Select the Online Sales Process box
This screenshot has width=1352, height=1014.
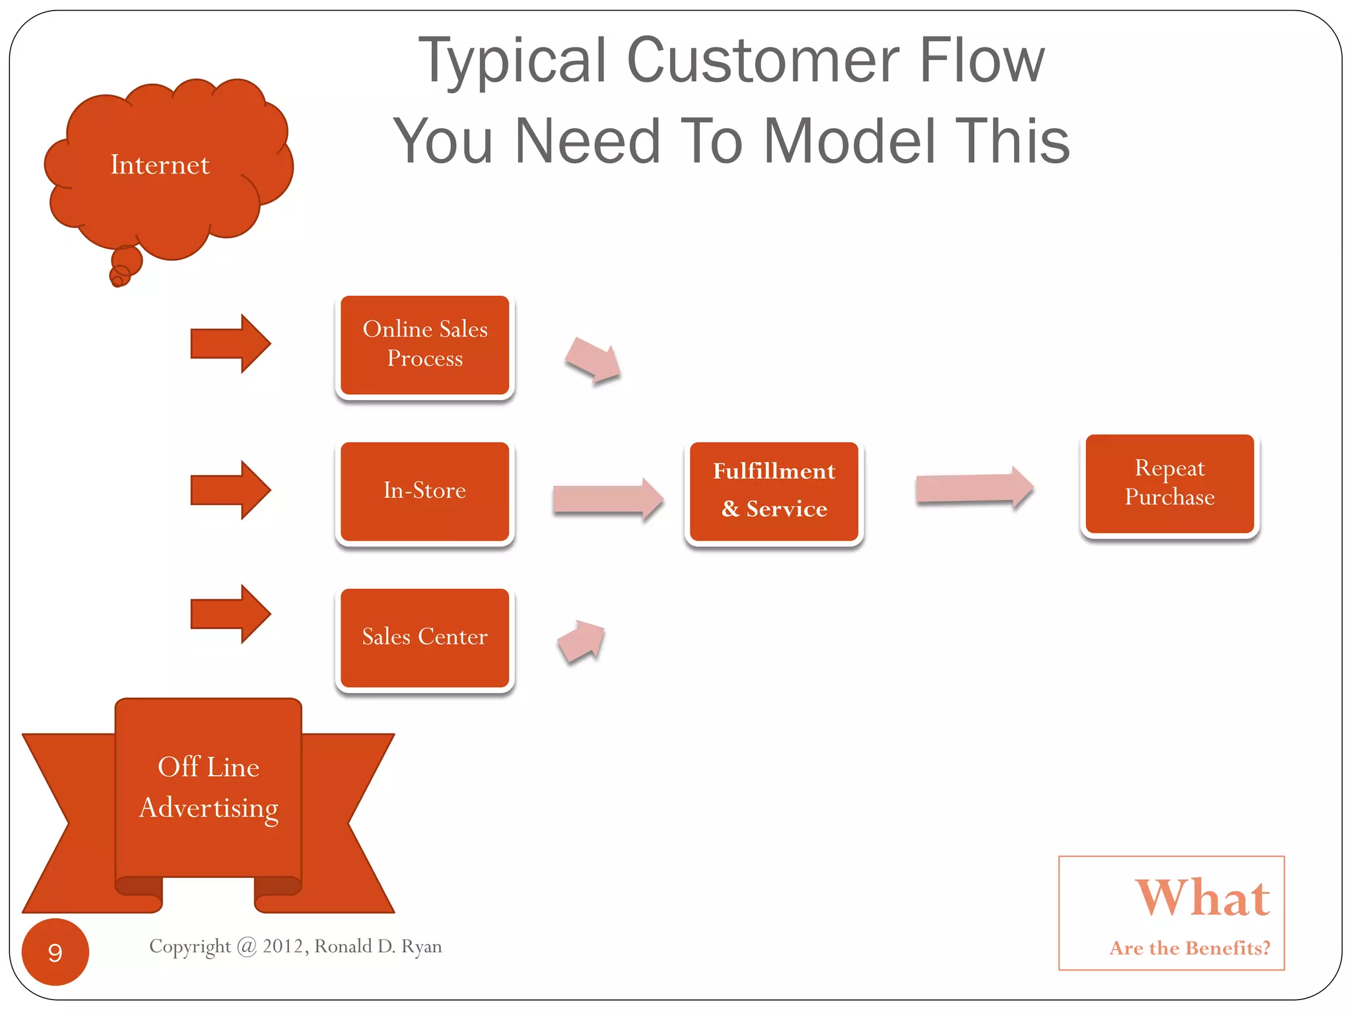[424, 344]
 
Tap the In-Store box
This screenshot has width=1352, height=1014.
[424, 490]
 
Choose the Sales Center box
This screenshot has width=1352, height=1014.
[424, 637]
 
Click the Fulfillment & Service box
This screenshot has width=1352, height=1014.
[774, 490]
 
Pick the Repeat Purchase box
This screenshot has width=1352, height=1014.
[1169, 483]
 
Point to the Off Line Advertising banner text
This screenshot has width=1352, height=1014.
[209, 788]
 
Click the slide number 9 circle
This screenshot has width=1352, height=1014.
[55, 952]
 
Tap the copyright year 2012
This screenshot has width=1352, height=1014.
[283, 946]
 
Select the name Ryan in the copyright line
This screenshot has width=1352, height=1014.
[421, 947]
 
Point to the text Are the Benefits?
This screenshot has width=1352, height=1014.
[1190, 948]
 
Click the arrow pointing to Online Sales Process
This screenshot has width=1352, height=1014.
[230, 344]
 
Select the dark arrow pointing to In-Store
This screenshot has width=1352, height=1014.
[230, 490]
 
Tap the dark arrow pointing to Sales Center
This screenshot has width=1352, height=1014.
[230, 614]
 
